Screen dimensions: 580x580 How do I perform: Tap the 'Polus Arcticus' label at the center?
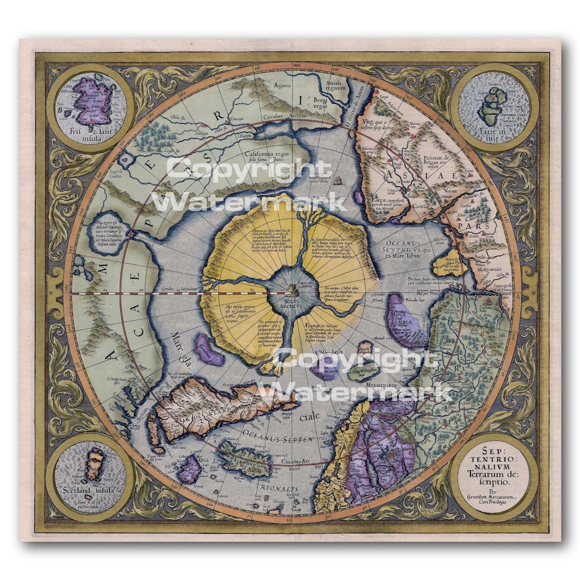tap(292, 305)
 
